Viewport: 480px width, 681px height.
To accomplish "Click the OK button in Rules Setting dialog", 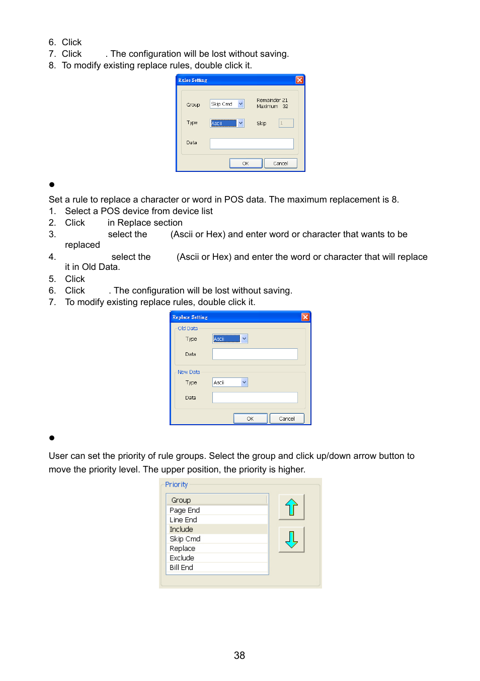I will coord(246,163).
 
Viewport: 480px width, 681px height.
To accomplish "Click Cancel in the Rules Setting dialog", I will coord(280,163).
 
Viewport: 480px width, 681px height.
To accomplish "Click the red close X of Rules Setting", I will coord(299,80).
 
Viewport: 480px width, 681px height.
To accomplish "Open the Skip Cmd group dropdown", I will coord(241,104).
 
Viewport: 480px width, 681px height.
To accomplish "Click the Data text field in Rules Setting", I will coord(252,144).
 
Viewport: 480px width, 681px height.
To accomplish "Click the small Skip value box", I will coord(286,123).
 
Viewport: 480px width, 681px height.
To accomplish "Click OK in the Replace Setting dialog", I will coord(250,419).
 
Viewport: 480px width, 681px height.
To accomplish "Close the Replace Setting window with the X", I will coord(305,317).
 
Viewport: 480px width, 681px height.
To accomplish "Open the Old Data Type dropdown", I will coord(244,339).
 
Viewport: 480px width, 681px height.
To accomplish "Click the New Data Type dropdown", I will coord(244,382).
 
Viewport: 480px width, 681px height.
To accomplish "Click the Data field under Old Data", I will coord(255,354).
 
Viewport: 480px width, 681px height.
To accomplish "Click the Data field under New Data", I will coord(255,398).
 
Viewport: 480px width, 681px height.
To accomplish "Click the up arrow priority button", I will coord(291,507).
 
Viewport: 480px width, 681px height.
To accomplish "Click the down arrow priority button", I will coord(291,540).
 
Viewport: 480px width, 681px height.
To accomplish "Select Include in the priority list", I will coord(182,529).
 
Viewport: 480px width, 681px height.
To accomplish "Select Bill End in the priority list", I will coord(182,567).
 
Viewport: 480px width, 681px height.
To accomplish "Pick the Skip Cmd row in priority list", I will coord(185,539).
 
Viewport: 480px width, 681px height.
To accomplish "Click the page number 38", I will coord(239,655).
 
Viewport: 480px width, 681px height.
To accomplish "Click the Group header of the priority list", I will coord(181,500).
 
